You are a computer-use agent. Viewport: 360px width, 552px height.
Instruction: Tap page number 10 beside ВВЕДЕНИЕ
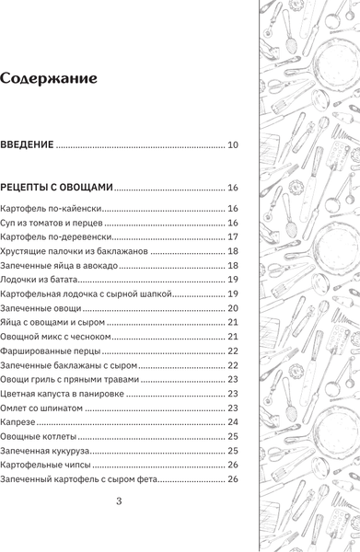[x=233, y=144]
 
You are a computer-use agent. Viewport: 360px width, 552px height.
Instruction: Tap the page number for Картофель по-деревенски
[x=233, y=236]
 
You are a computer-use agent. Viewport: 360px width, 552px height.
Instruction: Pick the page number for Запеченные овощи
[x=233, y=307]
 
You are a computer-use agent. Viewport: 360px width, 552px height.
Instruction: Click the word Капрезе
[x=18, y=421]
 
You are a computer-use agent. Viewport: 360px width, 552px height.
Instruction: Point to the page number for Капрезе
[x=233, y=421]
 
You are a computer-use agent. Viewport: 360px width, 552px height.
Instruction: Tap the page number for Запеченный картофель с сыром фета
[x=233, y=478]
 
